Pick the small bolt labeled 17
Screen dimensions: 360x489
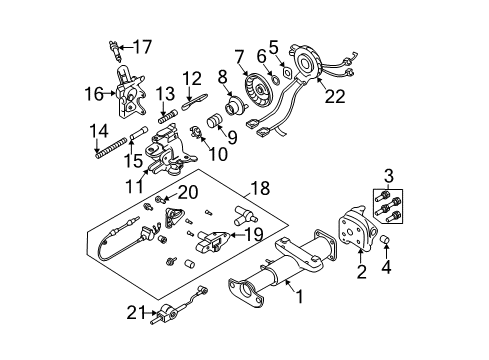tap(113, 47)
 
